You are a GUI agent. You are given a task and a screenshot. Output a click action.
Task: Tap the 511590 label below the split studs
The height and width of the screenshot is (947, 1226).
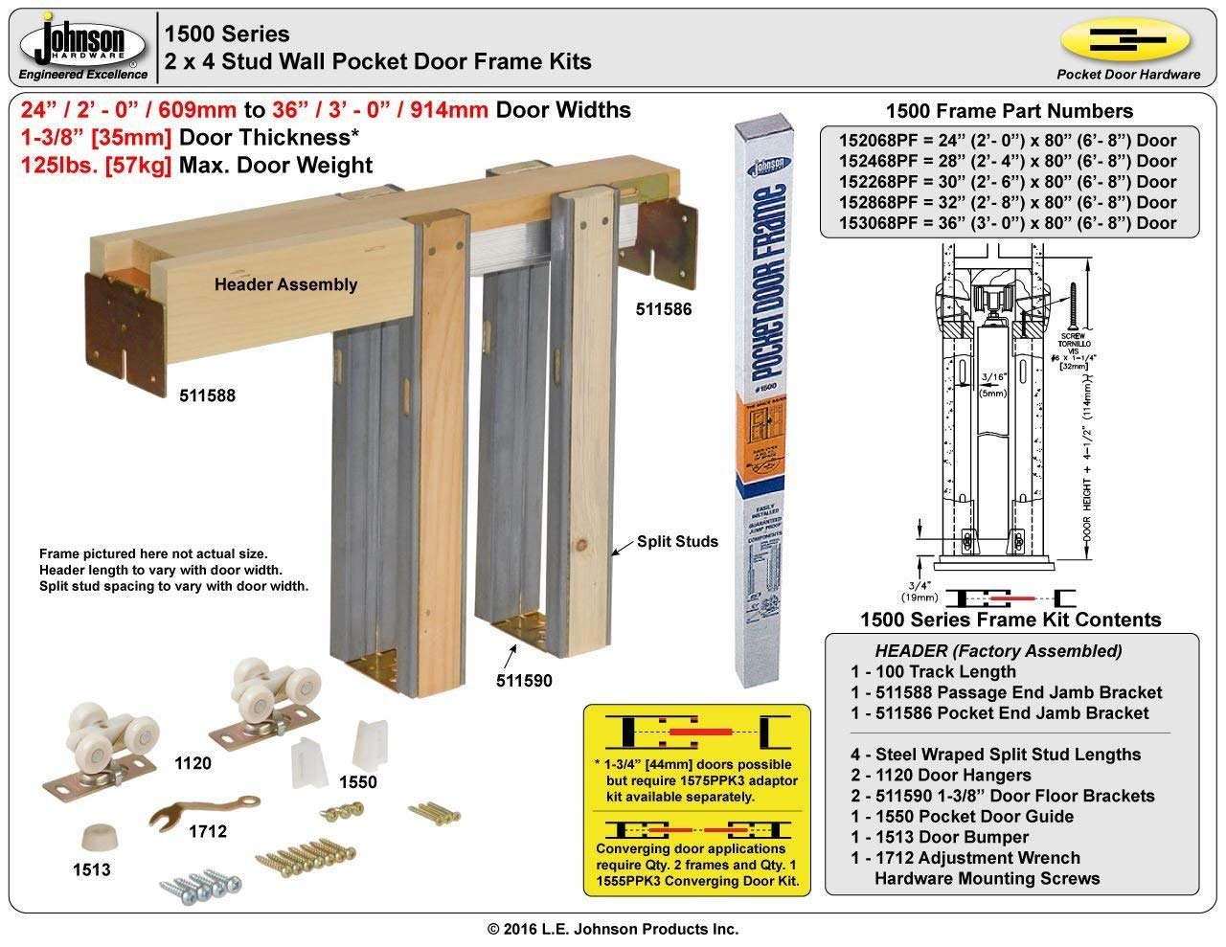[524, 681]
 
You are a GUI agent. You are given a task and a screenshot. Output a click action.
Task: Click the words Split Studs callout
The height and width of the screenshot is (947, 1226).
[678, 542]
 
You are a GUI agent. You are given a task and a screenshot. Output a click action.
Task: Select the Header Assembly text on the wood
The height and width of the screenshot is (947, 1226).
[285, 284]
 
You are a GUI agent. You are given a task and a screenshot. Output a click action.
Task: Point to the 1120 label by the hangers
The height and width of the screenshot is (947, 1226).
[193, 764]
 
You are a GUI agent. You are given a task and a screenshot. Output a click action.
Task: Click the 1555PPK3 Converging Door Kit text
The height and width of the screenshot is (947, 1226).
[697, 881]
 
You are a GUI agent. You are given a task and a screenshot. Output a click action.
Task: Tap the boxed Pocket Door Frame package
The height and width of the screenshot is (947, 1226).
[765, 402]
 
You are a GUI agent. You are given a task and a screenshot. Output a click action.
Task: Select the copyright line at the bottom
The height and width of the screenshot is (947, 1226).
[613, 929]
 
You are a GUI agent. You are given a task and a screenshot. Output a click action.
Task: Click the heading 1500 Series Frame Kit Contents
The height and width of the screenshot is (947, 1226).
[1010, 620]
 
